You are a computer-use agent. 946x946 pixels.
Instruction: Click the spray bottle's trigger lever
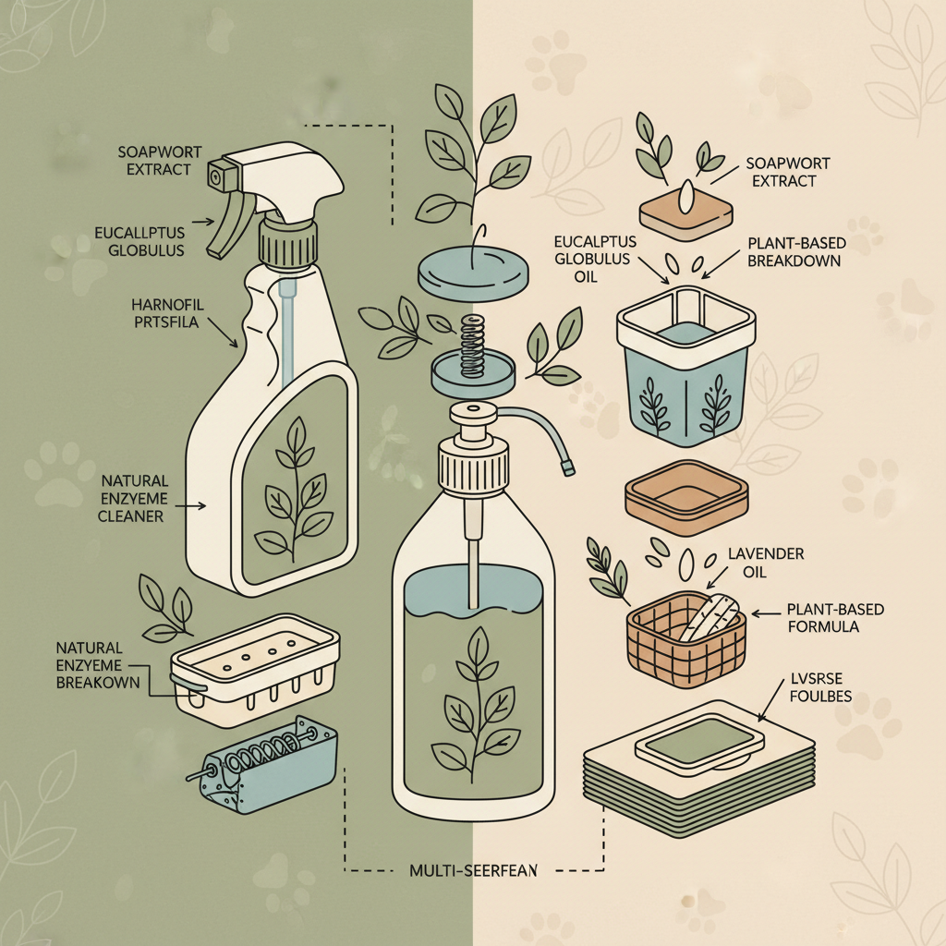coord(225,231)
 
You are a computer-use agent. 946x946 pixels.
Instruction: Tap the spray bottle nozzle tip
coord(221,172)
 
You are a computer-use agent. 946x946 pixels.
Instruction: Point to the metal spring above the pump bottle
coord(472,344)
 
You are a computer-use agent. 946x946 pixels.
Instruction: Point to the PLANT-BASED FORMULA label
coord(834,618)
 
